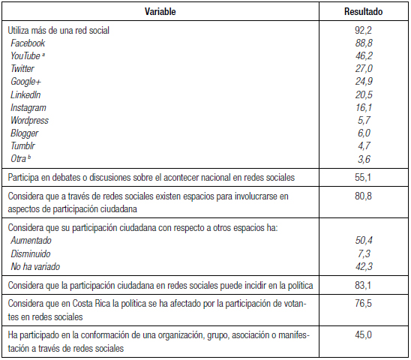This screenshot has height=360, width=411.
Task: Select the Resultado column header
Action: (363, 12)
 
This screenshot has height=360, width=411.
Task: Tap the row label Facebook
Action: (28, 43)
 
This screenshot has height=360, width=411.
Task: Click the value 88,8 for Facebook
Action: (363, 43)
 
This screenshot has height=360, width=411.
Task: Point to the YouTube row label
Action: (25, 56)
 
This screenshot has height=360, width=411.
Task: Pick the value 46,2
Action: (363, 56)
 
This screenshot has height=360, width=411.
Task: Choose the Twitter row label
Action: (22, 69)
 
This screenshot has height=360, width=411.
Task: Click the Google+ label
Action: (26, 82)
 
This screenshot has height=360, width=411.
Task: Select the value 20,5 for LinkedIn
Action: (363, 94)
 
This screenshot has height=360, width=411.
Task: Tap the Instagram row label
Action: (28, 107)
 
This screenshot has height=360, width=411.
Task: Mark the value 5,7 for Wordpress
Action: (363, 120)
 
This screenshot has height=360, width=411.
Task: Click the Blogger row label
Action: (25, 133)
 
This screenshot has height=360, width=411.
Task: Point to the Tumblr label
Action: (23, 145)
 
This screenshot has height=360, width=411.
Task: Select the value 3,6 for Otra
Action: (363, 159)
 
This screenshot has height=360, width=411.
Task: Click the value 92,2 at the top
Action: (363, 31)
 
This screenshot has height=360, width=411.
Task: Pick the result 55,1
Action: (363, 177)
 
